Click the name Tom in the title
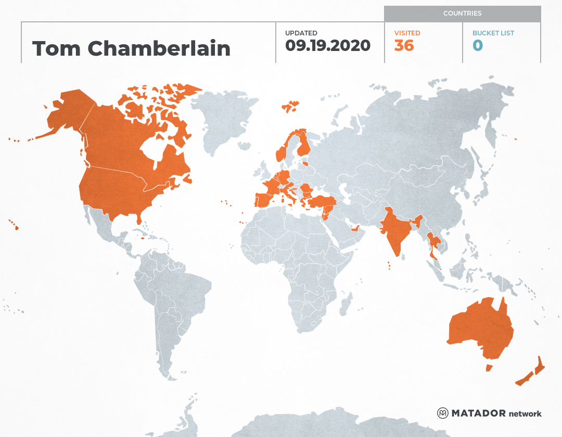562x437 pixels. click(57, 48)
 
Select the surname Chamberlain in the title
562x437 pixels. click(159, 48)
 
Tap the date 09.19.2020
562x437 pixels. click(328, 46)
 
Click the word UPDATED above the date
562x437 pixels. click(301, 33)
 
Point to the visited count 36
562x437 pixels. click(404, 46)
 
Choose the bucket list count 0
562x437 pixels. click(478, 46)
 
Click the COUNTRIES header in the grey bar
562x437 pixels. click(462, 14)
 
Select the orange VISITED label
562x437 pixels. click(407, 33)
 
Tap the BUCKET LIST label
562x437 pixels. click(493, 33)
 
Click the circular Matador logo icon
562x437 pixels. click(443, 414)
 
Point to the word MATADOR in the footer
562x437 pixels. click(479, 414)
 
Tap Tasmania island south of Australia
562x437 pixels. click(489, 368)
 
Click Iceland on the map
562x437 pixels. click(290, 107)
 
